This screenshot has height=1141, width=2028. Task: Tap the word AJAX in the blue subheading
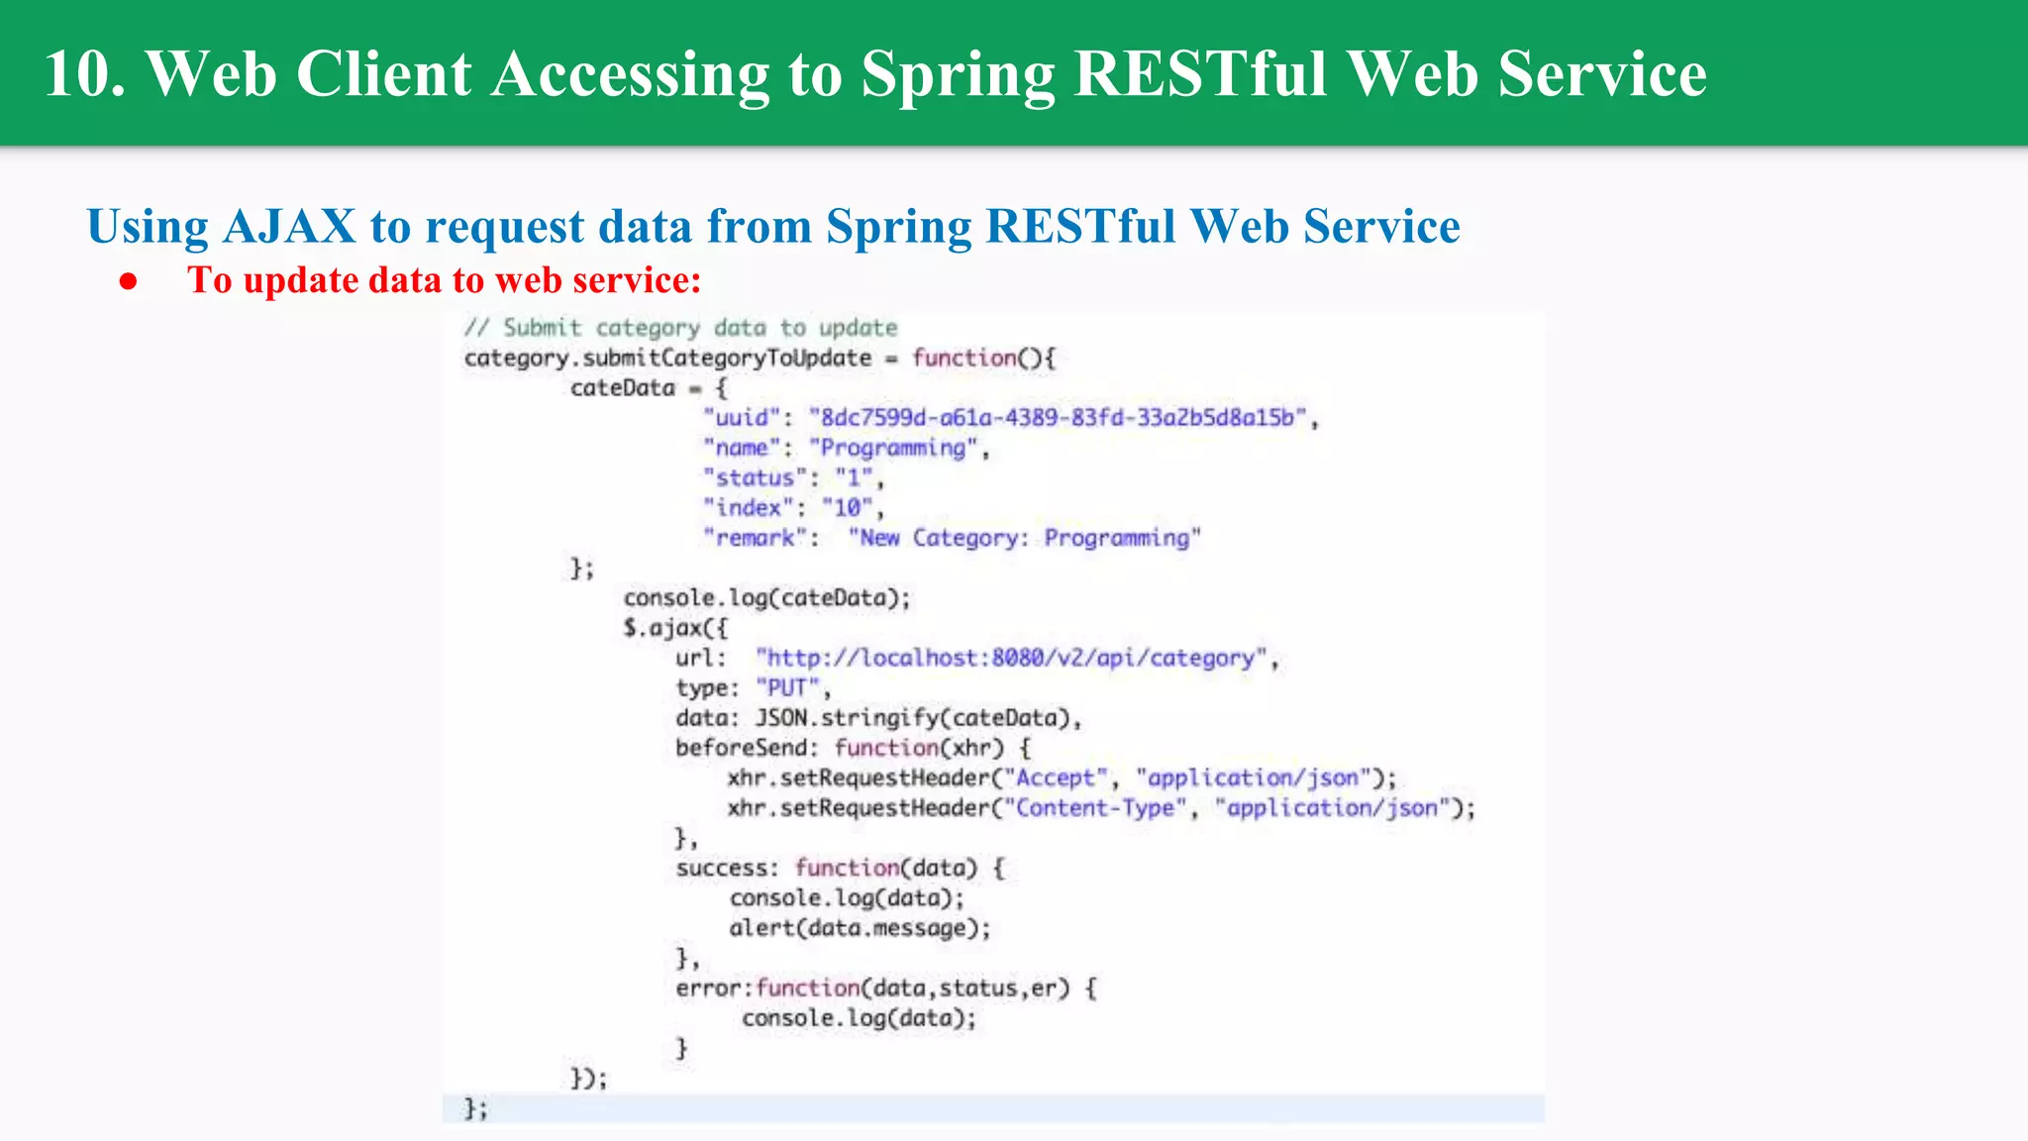289,227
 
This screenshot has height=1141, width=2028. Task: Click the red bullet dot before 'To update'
128,282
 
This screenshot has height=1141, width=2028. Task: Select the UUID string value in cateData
1058,418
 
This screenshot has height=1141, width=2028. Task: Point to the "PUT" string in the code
788,687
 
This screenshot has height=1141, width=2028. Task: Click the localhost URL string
1011,658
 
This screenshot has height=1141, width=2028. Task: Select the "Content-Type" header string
1095,808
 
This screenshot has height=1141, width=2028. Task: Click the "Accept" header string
1056,778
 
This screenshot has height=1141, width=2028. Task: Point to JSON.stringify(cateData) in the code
913,718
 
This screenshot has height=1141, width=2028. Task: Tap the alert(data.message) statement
859,928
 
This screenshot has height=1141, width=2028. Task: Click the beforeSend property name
744,748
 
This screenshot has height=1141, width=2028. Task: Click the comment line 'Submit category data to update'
681,328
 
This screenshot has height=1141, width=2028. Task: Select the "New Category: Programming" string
1024,538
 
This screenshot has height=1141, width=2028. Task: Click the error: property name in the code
711,988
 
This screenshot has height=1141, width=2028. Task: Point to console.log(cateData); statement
766,598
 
